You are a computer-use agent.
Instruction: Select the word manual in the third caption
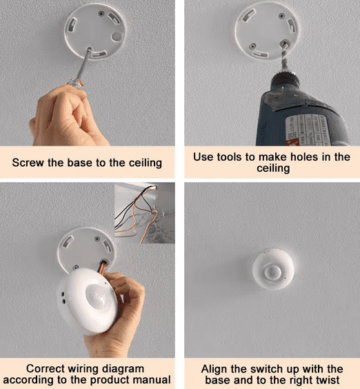(153, 379)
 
